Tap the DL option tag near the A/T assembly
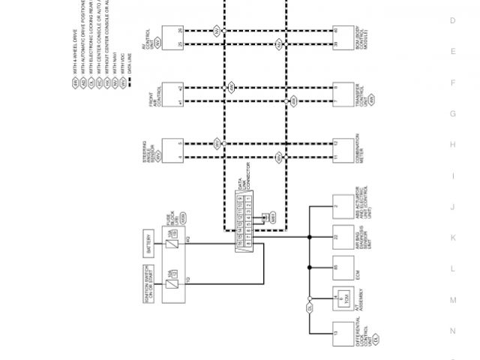click(x=308, y=307)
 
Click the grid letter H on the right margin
click(x=452, y=145)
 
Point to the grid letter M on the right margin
click(x=452, y=300)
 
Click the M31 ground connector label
click(x=272, y=217)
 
